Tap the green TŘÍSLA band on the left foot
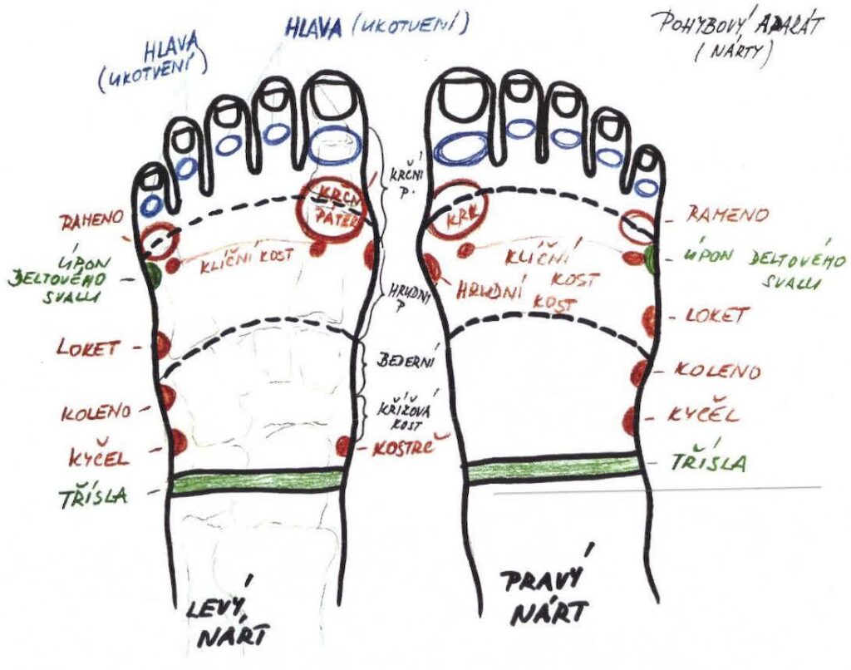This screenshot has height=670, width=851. [257, 480]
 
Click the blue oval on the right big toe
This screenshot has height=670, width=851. [464, 149]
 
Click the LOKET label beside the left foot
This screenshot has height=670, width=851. [87, 346]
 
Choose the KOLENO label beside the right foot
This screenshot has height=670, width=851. [716, 371]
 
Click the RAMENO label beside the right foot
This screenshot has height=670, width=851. [726, 216]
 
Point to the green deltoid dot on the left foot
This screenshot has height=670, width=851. [153, 274]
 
